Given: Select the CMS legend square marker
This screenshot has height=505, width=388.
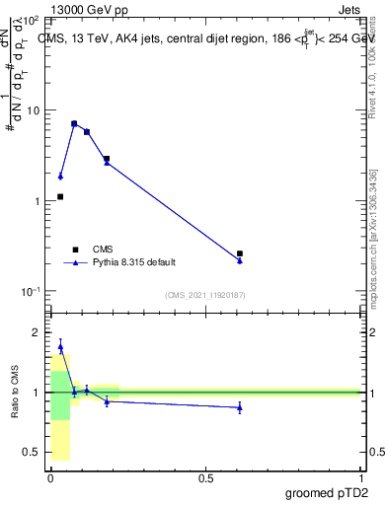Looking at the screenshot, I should point(75,250).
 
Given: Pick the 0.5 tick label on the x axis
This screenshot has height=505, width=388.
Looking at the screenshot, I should point(205,477).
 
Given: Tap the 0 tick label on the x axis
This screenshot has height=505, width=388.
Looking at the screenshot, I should point(50,477).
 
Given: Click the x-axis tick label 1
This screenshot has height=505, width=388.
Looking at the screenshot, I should point(360,477).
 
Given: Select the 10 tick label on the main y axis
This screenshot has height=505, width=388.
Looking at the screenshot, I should point(32,110).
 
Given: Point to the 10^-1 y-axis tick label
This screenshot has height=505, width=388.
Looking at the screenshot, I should point(30,291).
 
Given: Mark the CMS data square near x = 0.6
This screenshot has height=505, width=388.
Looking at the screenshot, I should point(240,253).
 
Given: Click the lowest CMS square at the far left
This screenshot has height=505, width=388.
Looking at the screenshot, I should point(60,196).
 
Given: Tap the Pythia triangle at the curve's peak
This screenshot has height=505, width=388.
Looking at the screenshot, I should point(74,124).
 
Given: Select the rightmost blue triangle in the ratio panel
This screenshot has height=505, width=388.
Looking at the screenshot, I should point(240,407).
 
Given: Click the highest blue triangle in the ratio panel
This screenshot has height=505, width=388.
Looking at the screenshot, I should point(60,346).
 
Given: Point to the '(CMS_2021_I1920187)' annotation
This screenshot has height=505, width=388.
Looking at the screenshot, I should point(204,295).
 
